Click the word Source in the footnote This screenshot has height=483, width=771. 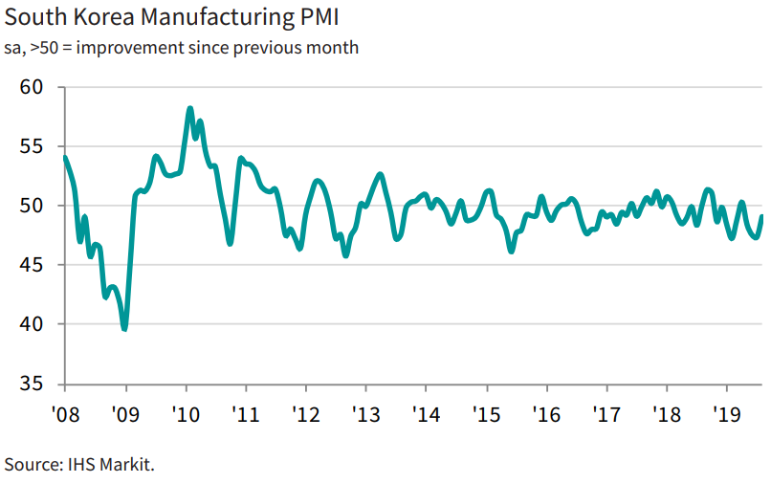[30, 465]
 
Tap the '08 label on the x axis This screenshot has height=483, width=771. [64, 415]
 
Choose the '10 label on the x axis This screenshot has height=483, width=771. [186, 415]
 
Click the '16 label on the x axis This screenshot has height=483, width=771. [546, 415]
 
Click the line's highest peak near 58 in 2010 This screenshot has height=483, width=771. [189, 109]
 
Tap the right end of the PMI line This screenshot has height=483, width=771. [762, 216]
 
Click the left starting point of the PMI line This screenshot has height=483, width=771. [64, 157]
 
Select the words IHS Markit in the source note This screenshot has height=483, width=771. [109, 465]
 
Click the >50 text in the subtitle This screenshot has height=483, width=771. [44, 47]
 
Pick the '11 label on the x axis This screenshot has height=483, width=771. [246, 415]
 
